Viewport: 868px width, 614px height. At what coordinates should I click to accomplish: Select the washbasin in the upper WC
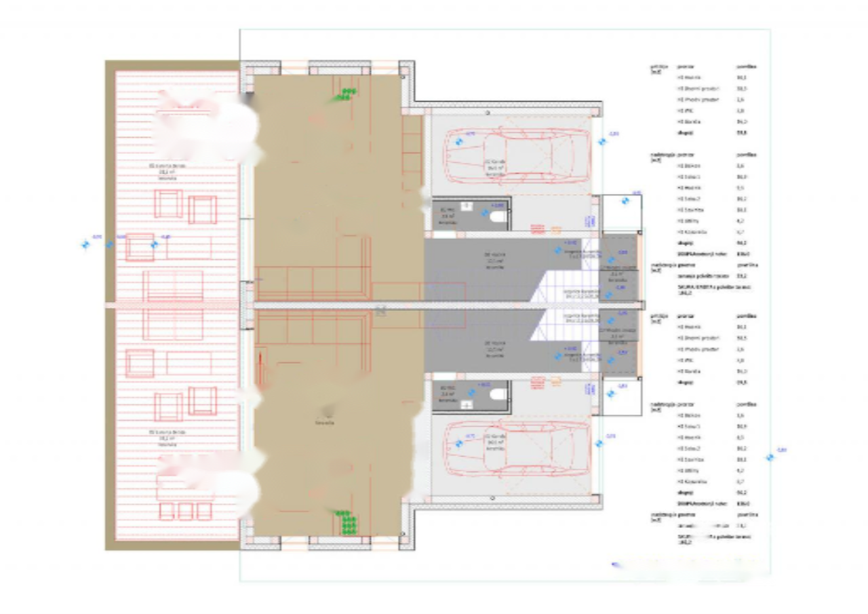pyautogui.click(x=467, y=205)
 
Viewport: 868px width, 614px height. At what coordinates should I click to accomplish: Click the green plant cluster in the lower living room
pyautogui.click(x=347, y=522)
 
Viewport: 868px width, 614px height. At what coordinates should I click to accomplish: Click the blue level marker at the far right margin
pyautogui.click(x=770, y=457)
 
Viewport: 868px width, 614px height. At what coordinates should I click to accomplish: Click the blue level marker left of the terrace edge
pyautogui.click(x=85, y=244)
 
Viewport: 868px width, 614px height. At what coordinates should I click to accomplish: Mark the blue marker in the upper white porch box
pyautogui.click(x=625, y=201)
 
